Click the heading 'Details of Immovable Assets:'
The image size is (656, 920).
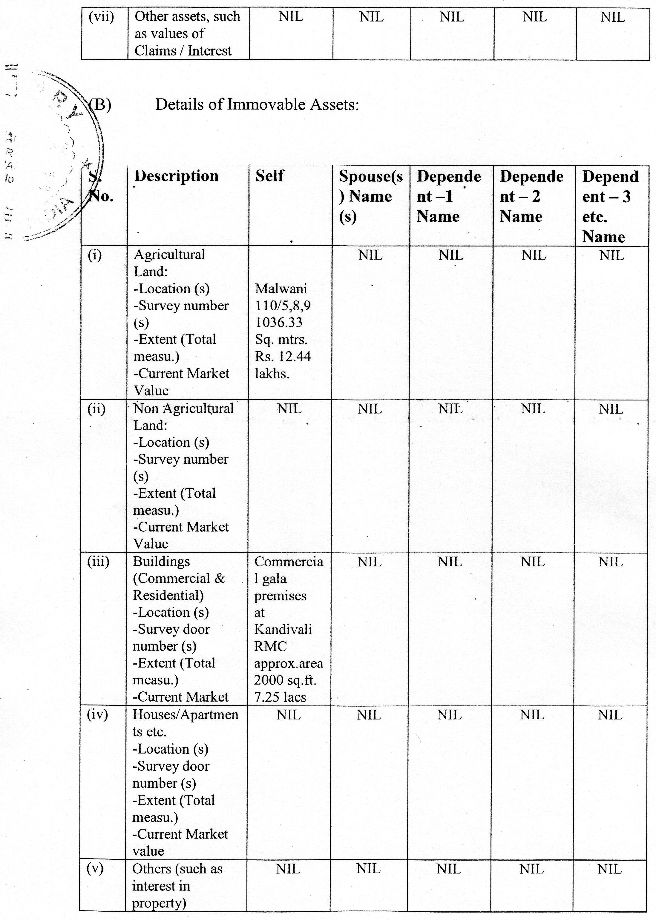pyautogui.click(x=257, y=104)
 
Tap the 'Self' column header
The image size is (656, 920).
pyautogui.click(x=269, y=176)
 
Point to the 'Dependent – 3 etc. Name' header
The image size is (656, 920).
pyautogui.click(x=610, y=206)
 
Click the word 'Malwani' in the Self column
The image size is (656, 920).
pyautogui.click(x=281, y=289)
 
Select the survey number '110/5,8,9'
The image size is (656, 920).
pyautogui.click(x=283, y=306)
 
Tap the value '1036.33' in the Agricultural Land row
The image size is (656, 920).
pyautogui.click(x=279, y=322)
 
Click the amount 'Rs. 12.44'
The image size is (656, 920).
pyautogui.click(x=283, y=356)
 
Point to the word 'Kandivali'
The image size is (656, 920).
pyautogui.click(x=283, y=629)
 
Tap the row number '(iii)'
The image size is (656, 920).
pyautogui.click(x=98, y=561)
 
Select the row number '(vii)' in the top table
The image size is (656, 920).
pyautogui.click(x=101, y=17)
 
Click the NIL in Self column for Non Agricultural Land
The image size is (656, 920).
pyautogui.click(x=289, y=409)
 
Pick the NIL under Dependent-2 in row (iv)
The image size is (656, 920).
pyautogui.click(x=532, y=715)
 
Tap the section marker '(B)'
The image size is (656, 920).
pyautogui.click(x=99, y=104)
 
